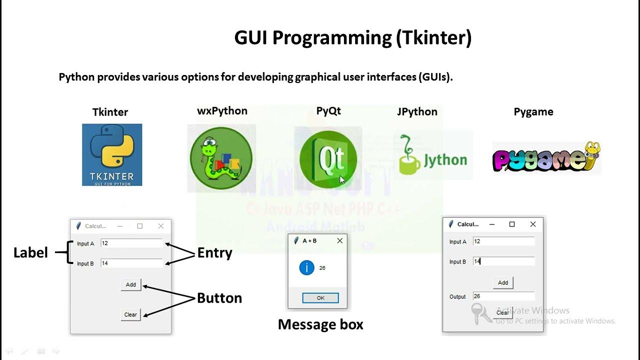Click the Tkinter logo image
pyautogui.click(x=112, y=155)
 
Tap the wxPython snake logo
pyautogui.click(x=221, y=158)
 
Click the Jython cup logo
pyautogui.click(x=433, y=155)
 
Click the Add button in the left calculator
pyautogui.click(x=131, y=284)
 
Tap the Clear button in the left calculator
pyautogui.click(x=130, y=314)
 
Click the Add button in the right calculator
pyautogui.click(x=503, y=282)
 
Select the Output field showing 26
pyautogui.click(x=503, y=296)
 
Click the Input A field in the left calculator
pyautogui.click(x=131, y=243)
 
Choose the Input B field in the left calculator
pyautogui.click(x=131, y=263)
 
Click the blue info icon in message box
pyautogui.click(x=306, y=268)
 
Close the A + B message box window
pyautogui.click(x=340, y=240)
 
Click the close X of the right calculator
pyautogui.click(x=532, y=224)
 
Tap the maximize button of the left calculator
pyautogui.click(x=140, y=226)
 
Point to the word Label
pyautogui.click(x=30, y=253)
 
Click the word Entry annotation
pyautogui.click(x=214, y=253)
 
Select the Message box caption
pyautogui.click(x=320, y=324)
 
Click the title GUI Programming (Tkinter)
pyautogui.click(x=352, y=38)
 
